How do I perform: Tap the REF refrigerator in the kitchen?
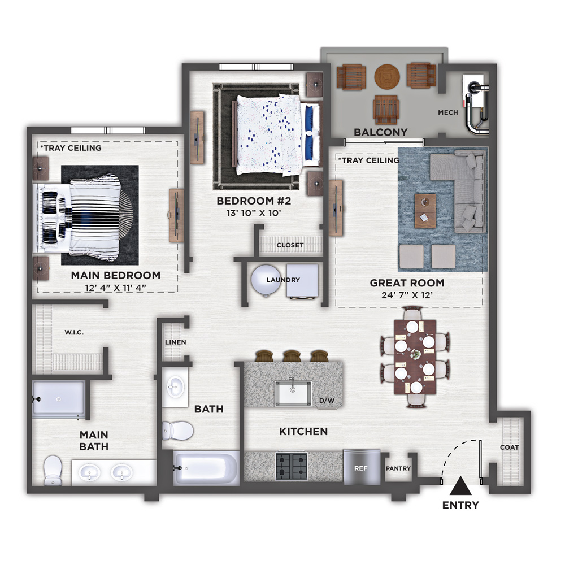[362, 467]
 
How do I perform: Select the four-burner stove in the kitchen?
[292, 466]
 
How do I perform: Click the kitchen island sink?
[293, 393]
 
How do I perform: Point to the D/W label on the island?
[327, 401]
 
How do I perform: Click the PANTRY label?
[398, 468]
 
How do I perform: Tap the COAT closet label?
[510, 447]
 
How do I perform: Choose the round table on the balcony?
[387, 77]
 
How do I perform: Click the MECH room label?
[448, 112]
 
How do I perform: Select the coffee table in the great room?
[425, 211]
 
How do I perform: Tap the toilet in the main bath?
[53, 470]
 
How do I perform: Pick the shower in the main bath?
[59, 399]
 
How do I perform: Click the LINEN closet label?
[176, 342]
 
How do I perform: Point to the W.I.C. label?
[74, 332]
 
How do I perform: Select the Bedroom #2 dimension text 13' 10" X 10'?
[254, 213]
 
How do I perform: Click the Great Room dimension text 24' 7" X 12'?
[407, 295]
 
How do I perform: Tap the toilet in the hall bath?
[177, 431]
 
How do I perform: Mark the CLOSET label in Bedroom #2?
[290, 245]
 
